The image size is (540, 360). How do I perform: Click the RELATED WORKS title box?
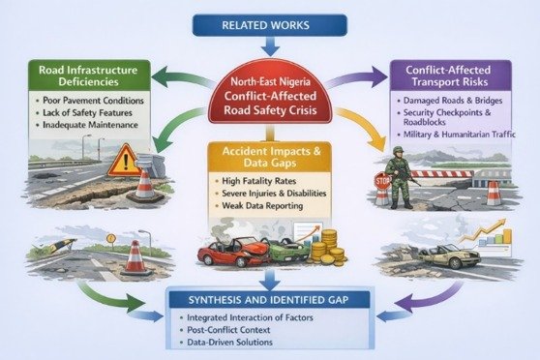270,25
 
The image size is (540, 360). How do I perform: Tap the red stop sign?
382,181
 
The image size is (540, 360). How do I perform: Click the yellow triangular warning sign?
125,161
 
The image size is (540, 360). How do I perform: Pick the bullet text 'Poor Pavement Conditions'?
93,101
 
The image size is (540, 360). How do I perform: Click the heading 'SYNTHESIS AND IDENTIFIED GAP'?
268,300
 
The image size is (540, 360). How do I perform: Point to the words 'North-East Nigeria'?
270,81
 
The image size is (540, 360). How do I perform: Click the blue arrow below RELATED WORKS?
270,46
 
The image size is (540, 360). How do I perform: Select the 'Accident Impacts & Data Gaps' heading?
271,157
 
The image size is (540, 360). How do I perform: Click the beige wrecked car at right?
449,255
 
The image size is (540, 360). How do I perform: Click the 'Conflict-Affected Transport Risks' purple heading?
448,75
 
